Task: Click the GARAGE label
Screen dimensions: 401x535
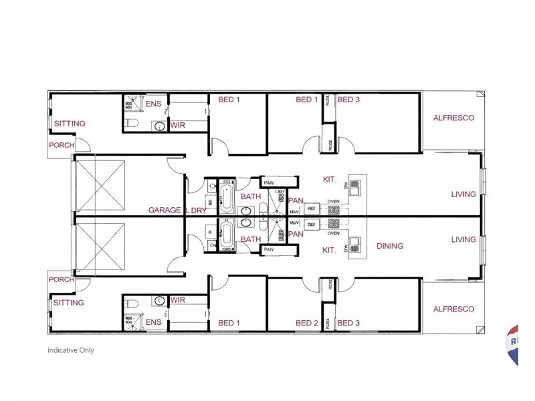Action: pos(165,210)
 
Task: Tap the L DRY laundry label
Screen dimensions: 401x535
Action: pos(195,210)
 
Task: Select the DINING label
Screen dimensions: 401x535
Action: pos(390,246)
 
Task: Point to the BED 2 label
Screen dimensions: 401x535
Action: pos(307,323)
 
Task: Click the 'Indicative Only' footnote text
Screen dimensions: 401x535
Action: pos(71,350)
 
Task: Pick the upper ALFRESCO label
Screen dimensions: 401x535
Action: pos(453,118)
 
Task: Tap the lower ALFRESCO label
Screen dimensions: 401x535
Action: pos(453,309)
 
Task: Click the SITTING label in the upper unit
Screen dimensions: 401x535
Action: pos(70,124)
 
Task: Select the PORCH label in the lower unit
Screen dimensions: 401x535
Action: pos(62,279)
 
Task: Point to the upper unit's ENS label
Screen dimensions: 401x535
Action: pos(153,104)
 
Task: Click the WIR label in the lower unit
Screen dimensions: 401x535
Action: pos(178,300)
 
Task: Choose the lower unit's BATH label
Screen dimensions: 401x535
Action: pos(251,239)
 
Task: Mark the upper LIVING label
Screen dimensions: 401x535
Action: pos(463,194)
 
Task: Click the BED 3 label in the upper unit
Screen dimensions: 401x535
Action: pos(348,100)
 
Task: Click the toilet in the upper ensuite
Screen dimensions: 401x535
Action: pos(131,122)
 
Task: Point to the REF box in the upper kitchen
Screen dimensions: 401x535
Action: pos(311,209)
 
